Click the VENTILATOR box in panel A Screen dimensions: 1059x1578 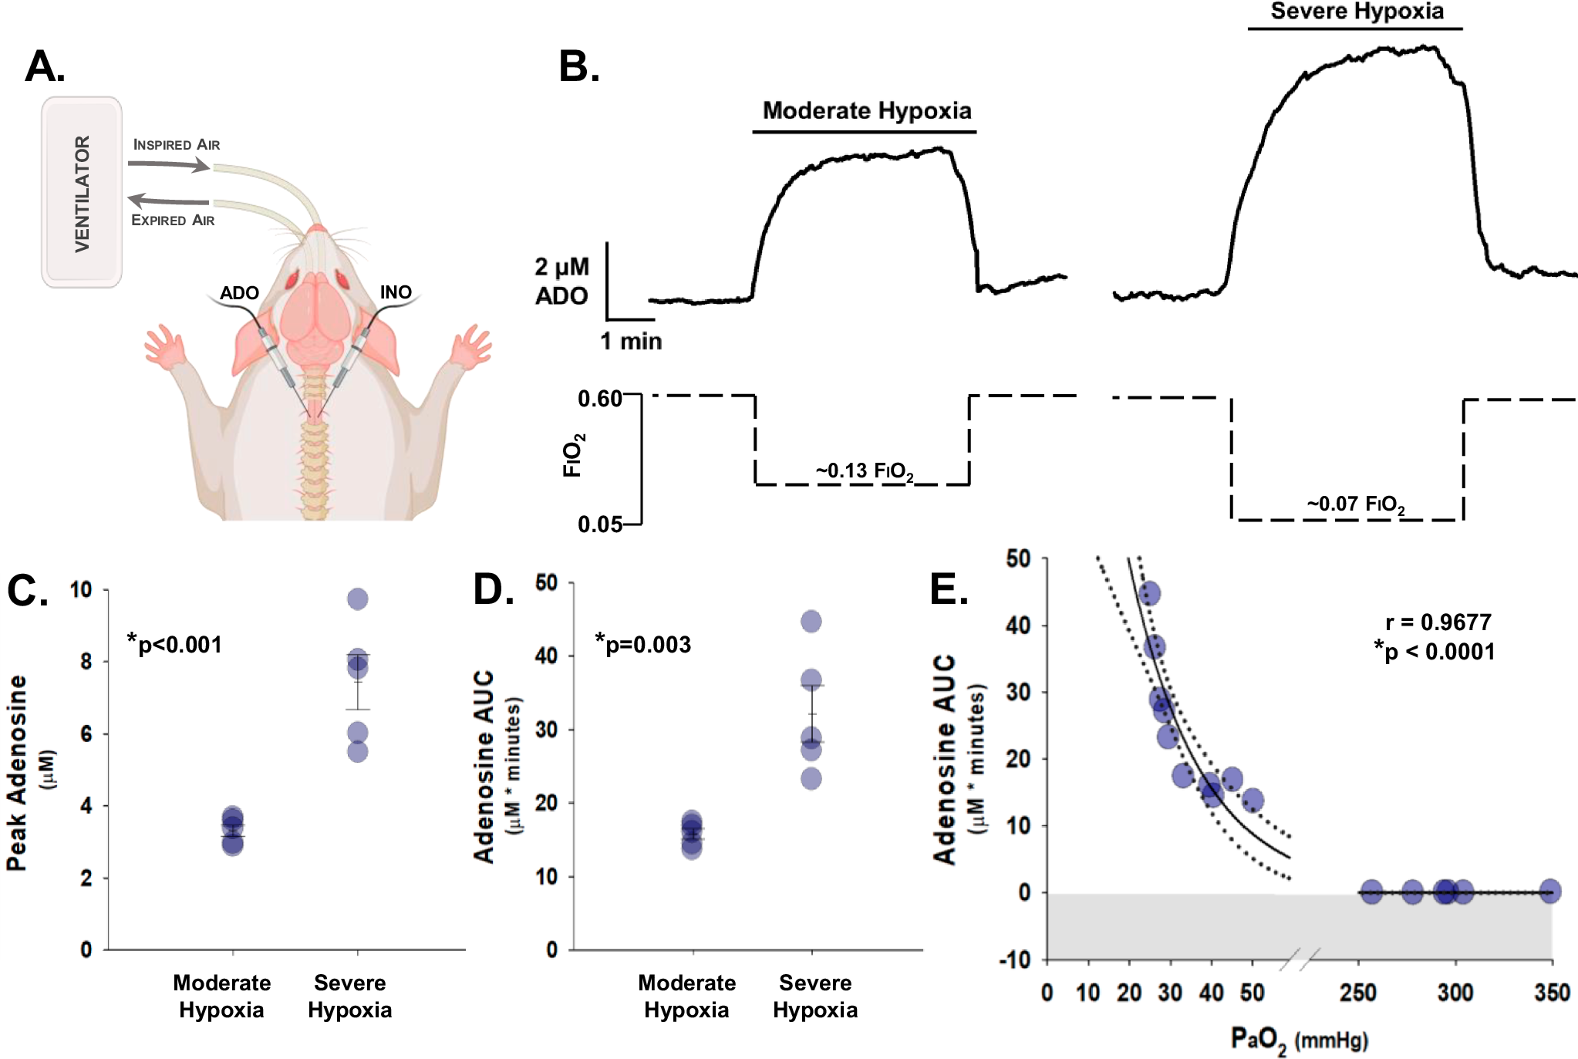[x=82, y=192]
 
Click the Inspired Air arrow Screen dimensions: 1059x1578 [x=168, y=164]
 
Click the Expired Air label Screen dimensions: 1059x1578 [x=173, y=221]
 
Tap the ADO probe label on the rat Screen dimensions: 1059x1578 [x=239, y=293]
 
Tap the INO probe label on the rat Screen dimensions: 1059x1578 [x=396, y=292]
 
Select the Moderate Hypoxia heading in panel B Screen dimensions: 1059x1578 [x=866, y=111]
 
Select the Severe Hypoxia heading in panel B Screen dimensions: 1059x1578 [x=1357, y=12]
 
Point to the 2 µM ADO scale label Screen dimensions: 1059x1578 [x=561, y=282]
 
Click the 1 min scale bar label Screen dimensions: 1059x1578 [x=631, y=341]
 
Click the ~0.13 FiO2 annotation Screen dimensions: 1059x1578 [x=865, y=471]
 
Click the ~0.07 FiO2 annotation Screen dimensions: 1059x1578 [x=1355, y=504]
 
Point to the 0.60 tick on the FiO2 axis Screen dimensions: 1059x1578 [x=599, y=399]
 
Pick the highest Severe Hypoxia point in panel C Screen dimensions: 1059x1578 [x=358, y=599]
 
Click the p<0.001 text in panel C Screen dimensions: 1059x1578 [x=175, y=644]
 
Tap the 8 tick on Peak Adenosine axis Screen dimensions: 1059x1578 [x=86, y=662]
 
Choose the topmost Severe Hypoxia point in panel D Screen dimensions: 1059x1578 [x=811, y=621]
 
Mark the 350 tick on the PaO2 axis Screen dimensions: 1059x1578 [x=1552, y=993]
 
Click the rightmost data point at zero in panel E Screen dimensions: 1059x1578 [x=1549, y=892]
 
